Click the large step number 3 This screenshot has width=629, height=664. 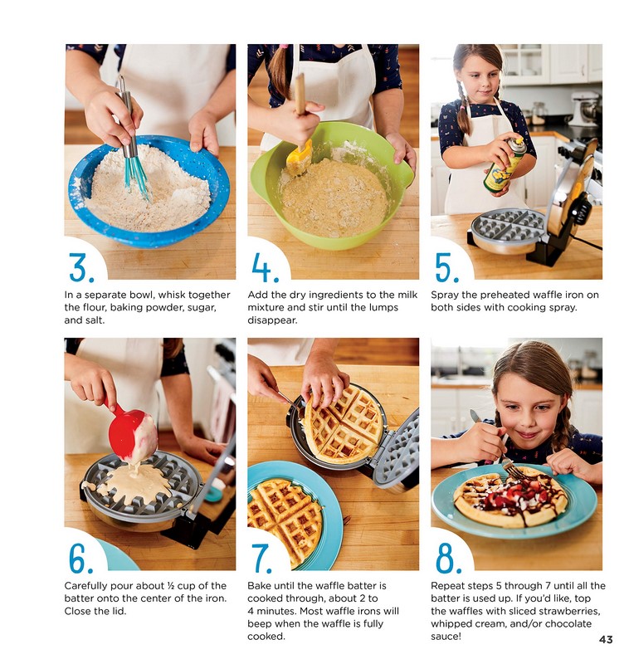click(81, 268)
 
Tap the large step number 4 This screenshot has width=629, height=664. click(265, 268)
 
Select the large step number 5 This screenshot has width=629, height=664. click(446, 268)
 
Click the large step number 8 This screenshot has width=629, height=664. click(447, 559)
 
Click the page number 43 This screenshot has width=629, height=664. click(605, 639)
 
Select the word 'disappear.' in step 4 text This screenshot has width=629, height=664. click(272, 320)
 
